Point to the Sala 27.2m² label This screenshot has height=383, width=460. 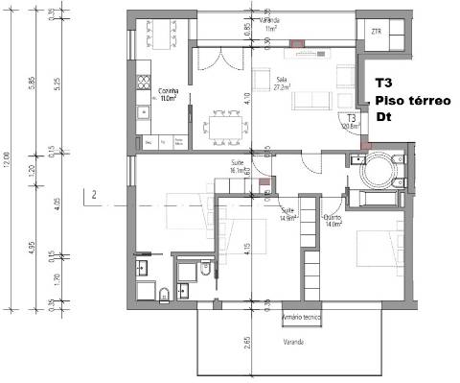coord(281,84)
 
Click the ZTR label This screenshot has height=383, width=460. coord(376,32)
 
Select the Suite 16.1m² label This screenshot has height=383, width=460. coord(238,167)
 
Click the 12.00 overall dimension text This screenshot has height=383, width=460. coord(8,156)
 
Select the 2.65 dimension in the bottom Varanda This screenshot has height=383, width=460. coord(247,344)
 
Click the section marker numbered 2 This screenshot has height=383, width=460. coord(95,196)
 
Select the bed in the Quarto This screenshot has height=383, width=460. coord(374,248)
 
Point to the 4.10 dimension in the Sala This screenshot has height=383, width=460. coord(247,96)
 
